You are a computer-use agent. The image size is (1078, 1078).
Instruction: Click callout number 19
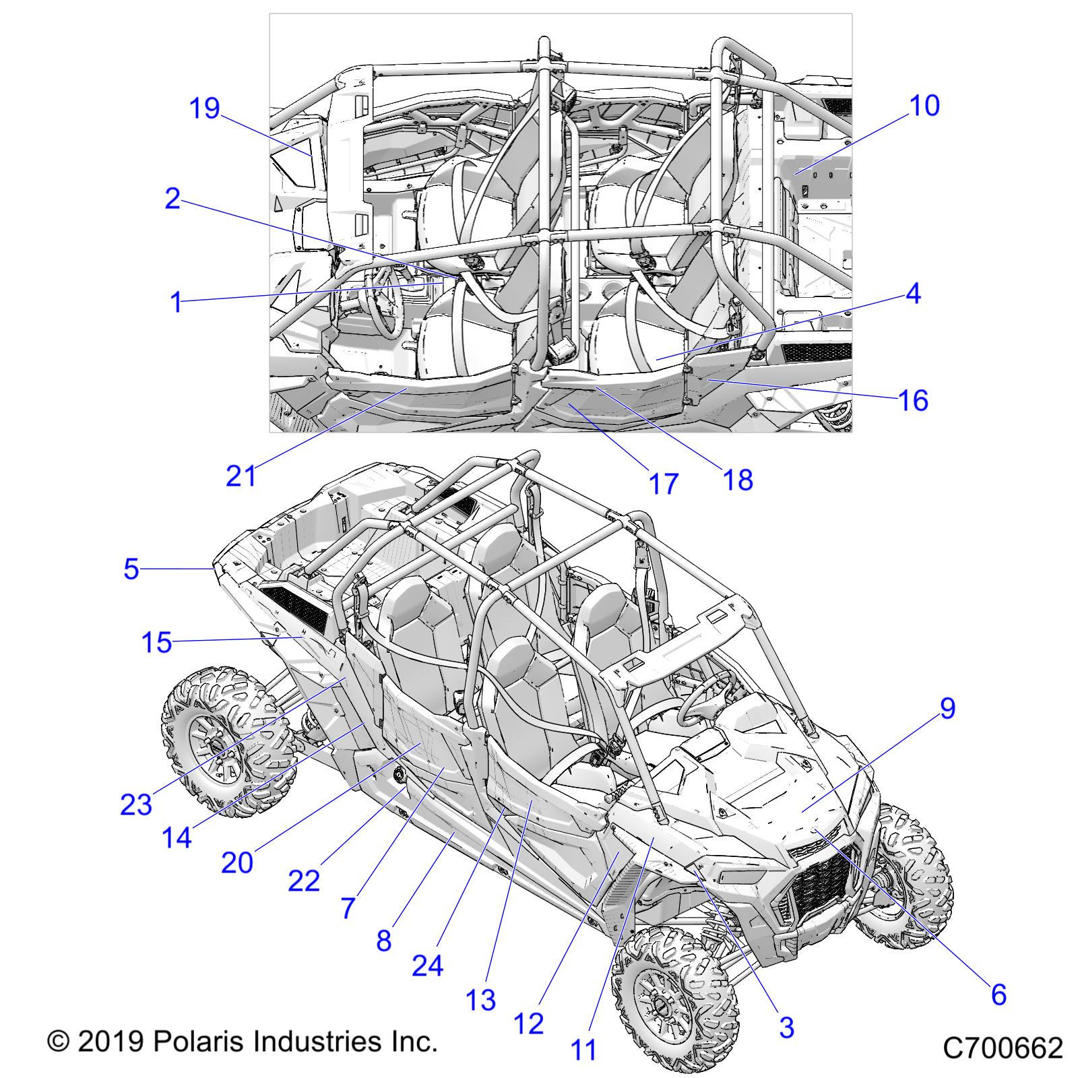tap(205, 108)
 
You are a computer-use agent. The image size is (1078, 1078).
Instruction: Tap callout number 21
tap(241, 476)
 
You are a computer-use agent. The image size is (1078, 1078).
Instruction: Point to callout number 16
tap(914, 400)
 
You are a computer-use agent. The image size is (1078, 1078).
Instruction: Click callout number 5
tap(131, 569)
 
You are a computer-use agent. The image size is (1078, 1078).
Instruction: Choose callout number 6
tap(998, 994)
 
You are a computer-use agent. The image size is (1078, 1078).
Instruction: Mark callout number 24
tap(428, 965)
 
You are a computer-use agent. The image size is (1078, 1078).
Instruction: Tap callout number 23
tap(136, 804)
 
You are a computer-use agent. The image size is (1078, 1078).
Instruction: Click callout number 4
tap(913, 294)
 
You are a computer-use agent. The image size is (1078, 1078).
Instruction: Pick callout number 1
tap(176, 303)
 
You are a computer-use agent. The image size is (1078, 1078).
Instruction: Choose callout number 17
tap(664, 484)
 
